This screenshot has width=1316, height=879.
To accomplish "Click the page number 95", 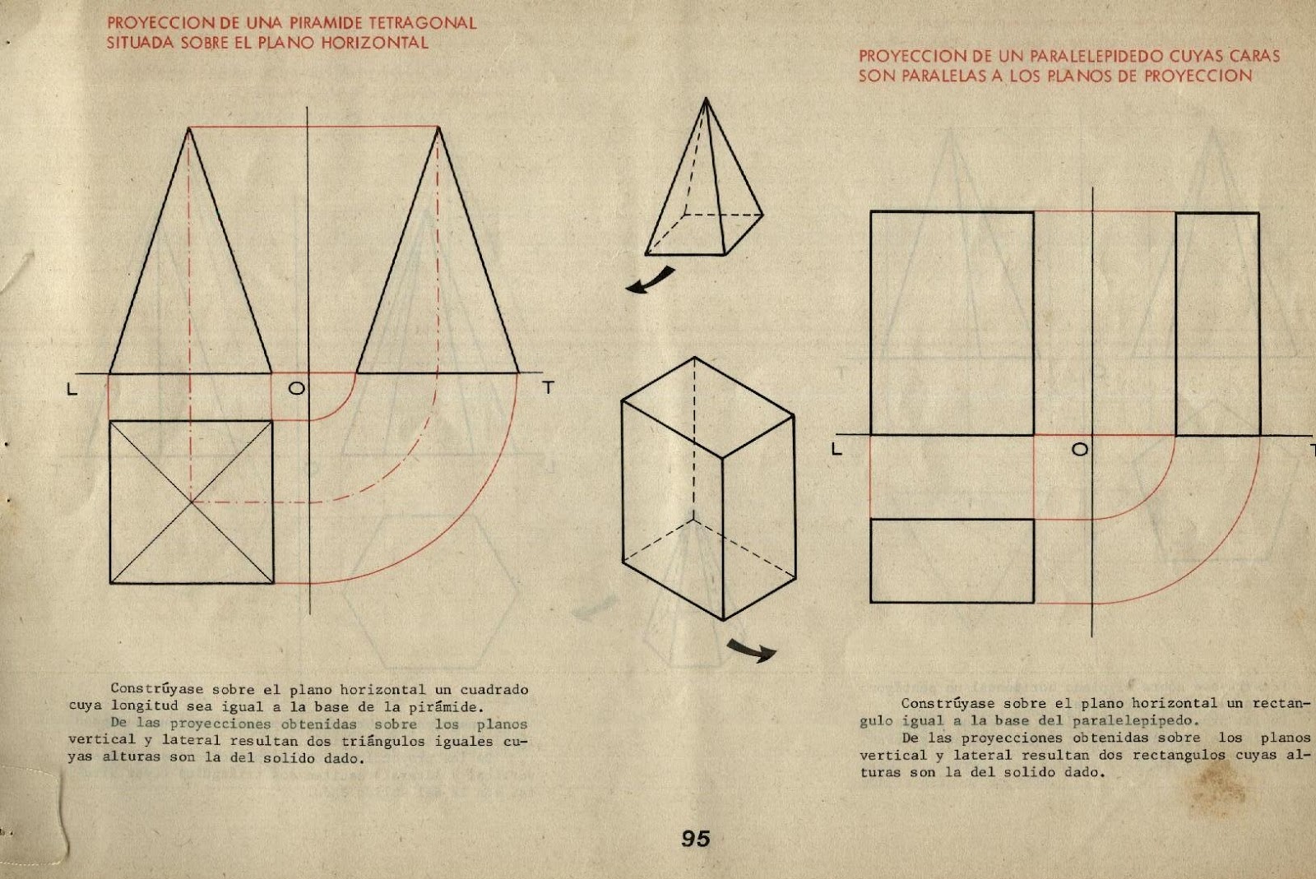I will coord(695,839).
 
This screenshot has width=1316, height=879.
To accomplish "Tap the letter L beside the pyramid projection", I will coord(72,390).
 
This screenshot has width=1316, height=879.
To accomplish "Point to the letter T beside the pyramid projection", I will coord(548,387).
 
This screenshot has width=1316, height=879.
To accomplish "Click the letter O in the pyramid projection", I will coord(296,388).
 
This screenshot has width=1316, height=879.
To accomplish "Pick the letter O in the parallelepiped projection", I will coord(1080,449).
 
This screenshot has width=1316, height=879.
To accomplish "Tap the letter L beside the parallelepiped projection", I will coord(837,450).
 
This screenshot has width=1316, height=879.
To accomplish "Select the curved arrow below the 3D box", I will coord(752,651).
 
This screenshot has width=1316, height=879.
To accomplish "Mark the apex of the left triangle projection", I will coord(189,128).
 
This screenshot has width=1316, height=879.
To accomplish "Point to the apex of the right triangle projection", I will coord(438,128).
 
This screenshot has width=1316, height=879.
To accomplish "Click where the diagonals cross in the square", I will coord(191,502).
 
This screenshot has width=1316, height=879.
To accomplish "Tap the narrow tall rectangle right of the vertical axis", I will coord(1217,324).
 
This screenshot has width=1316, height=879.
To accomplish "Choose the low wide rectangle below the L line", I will coord(952,561).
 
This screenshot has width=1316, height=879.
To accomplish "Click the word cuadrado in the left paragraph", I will coord(493,690).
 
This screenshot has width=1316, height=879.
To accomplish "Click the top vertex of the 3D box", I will coord(695,358).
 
